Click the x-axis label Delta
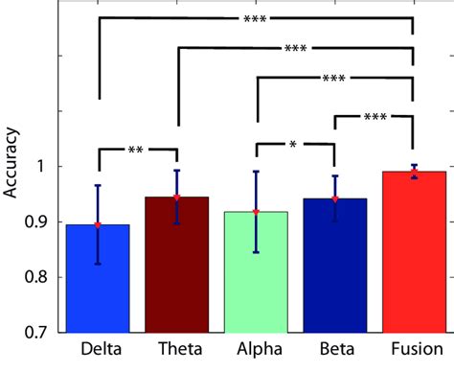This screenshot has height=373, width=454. [98, 350]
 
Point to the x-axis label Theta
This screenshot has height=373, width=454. [177, 350]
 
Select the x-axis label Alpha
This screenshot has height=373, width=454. [256, 350]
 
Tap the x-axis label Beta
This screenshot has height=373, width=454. [334, 350]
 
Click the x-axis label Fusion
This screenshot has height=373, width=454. [413, 350]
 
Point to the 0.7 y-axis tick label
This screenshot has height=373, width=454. [40, 333]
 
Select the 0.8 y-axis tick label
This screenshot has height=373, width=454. [40, 277]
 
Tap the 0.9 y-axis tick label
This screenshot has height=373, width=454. [40, 222]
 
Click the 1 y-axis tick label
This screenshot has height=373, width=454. [48, 167]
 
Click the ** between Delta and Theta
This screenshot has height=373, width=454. [137, 150]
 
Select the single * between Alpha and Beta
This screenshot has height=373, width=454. [294, 145]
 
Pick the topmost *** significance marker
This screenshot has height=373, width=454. [255, 18]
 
